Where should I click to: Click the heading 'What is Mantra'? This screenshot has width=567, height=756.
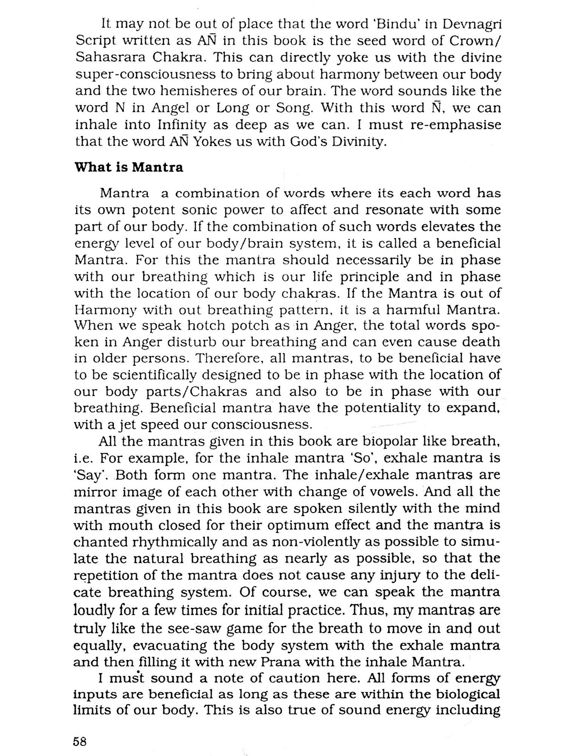(x=129, y=167)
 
